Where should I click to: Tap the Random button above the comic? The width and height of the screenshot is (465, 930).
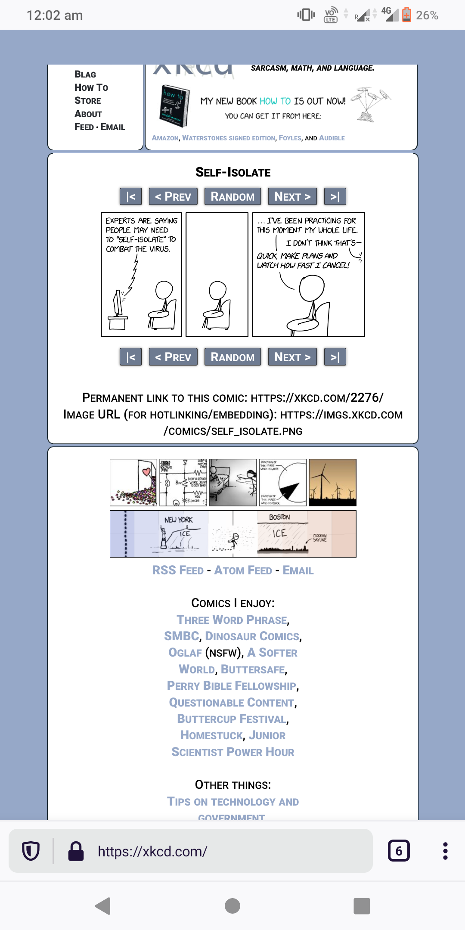tap(232, 196)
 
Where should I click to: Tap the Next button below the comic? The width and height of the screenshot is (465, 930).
tap(292, 357)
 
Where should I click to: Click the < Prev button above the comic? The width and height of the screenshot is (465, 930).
tap(173, 196)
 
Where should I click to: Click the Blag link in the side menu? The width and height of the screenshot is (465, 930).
tap(85, 74)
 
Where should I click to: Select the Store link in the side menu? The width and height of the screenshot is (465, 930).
tap(88, 100)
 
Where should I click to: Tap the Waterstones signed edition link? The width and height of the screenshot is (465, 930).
tap(229, 138)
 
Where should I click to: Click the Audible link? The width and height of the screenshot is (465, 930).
tap(332, 138)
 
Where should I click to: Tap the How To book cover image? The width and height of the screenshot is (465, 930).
tap(175, 106)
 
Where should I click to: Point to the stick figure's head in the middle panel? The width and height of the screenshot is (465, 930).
tap(217, 290)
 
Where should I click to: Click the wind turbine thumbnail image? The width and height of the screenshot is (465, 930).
tap(332, 482)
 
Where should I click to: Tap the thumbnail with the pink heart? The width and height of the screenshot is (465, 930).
tap(133, 482)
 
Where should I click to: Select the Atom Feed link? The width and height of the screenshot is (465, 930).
tap(243, 570)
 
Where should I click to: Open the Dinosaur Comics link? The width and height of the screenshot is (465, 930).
tap(252, 636)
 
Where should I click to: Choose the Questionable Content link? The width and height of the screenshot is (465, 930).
tap(232, 702)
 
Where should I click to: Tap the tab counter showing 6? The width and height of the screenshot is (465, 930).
tap(399, 851)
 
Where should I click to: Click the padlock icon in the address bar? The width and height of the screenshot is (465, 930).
tap(76, 851)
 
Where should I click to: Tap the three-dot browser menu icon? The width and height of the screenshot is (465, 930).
tap(445, 851)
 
